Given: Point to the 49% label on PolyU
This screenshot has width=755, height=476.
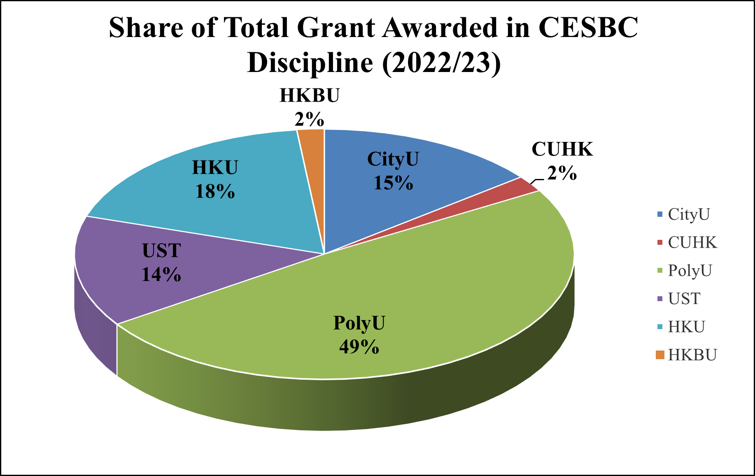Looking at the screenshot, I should pyautogui.click(x=359, y=347).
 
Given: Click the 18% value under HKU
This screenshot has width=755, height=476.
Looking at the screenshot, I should pyautogui.click(x=215, y=192).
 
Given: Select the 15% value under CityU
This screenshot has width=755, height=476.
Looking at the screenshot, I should pyautogui.click(x=393, y=183).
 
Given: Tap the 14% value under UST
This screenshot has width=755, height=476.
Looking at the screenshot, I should pyautogui.click(x=161, y=274).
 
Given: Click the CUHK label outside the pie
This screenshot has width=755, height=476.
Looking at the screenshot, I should pyautogui.click(x=562, y=149).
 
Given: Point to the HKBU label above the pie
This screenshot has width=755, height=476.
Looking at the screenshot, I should pyautogui.click(x=310, y=95).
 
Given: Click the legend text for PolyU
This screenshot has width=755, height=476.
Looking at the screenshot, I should pyautogui.click(x=690, y=271).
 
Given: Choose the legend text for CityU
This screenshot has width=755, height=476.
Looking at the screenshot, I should pyautogui.click(x=689, y=214).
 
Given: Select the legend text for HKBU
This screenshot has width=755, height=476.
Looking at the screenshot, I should pyautogui.click(x=692, y=355).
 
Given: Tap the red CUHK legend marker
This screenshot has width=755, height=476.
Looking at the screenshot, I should pyautogui.click(x=660, y=243).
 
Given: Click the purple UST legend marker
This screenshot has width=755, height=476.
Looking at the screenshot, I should pyautogui.click(x=660, y=299).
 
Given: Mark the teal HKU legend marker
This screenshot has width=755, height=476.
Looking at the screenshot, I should pyautogui.click(x=660, y=327).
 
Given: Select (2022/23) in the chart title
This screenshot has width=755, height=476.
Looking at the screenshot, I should pyautogui.click(x=441, y=63).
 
